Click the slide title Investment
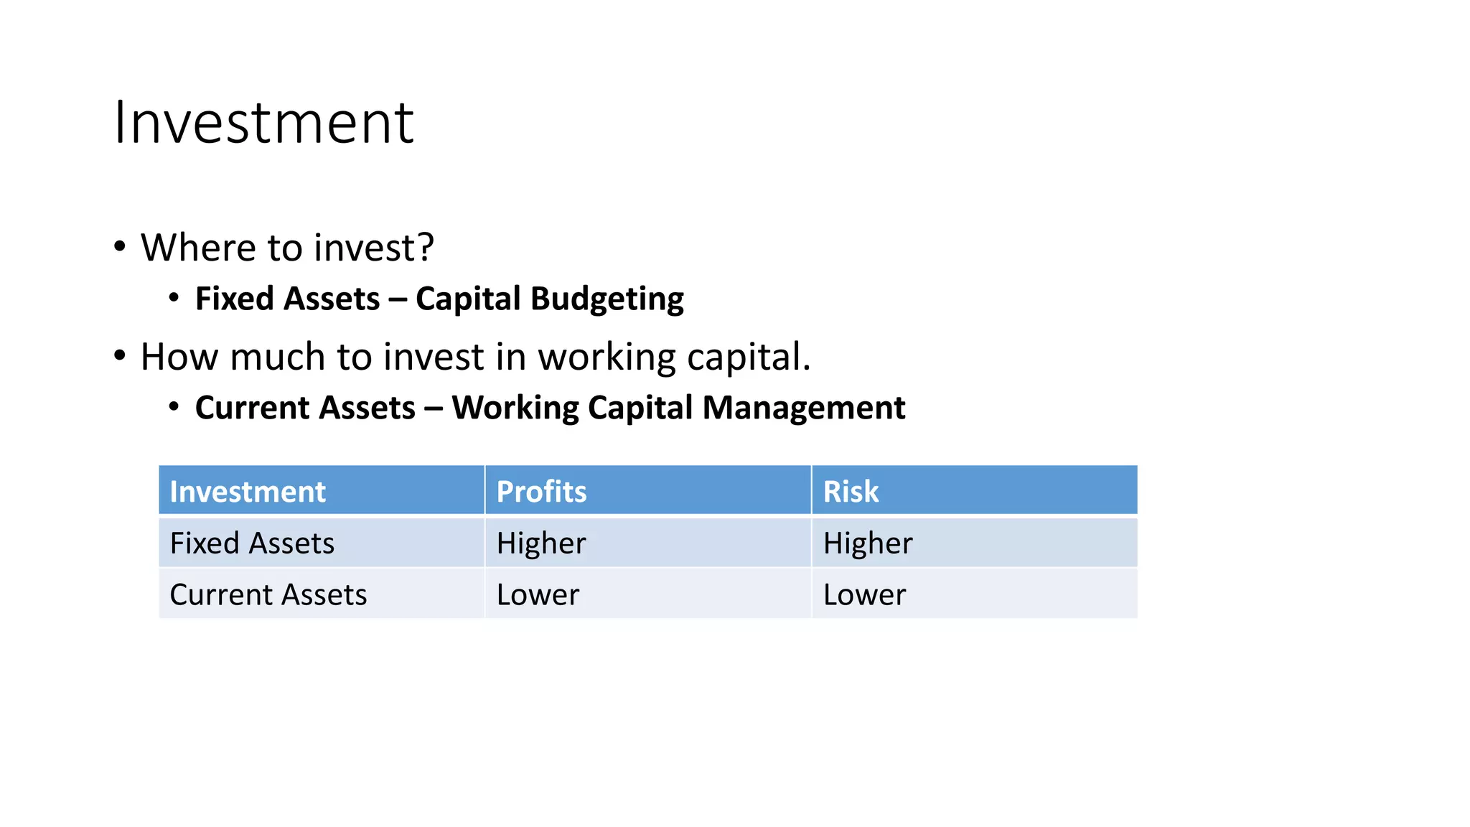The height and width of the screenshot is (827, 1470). coord(263,123)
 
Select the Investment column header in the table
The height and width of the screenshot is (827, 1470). coord(248,492)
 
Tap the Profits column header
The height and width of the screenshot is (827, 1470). coord(541,492)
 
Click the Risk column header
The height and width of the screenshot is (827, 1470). coord(851,492)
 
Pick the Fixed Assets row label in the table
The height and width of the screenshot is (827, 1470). coord(252,543)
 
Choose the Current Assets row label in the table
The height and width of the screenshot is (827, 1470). coord(268,595)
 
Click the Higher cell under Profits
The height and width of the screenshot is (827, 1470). coord(541,543)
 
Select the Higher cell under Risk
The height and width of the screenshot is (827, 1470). coord(868,543)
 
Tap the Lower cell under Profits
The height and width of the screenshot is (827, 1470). coord(538,595)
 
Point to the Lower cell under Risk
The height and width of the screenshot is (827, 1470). coord(864,595)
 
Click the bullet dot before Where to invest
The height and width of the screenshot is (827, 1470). coord(120,246)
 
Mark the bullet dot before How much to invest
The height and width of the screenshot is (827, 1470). coord(120,355)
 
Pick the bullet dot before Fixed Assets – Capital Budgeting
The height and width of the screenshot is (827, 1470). coord(174,297)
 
